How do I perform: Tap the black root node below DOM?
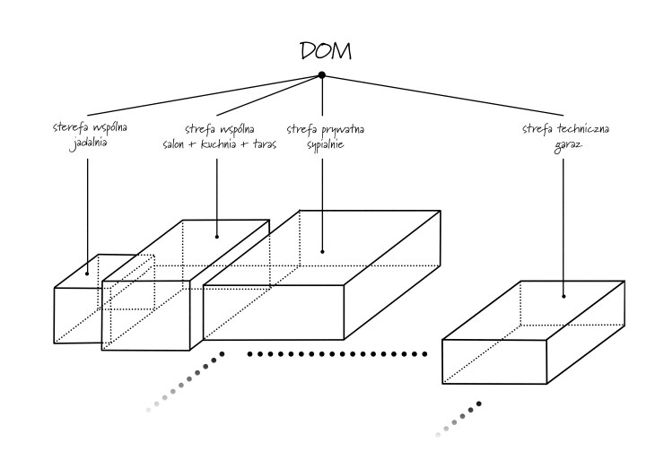tap(322, 74)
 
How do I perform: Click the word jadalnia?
tap(87, 143)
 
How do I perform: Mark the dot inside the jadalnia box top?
tap(88, 273)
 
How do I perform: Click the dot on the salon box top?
tap(216, 238)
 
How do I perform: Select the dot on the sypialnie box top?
tap(322, 251)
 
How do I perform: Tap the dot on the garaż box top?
tap(564, 296)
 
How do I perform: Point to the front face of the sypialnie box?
tap(275, 314)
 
